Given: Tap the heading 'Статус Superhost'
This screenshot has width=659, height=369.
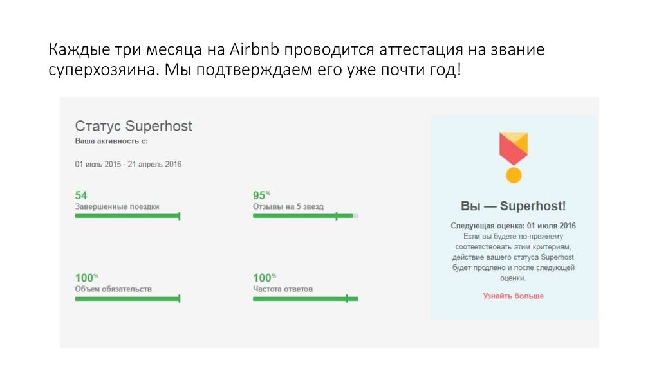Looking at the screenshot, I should point(133,126).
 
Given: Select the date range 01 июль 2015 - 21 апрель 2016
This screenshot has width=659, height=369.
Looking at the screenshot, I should point(128,164).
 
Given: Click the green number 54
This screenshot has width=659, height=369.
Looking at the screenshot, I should point(81,195).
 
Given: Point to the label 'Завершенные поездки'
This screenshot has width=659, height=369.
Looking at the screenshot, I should point(116,207).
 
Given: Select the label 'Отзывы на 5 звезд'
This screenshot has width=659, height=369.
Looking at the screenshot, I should point(288,207).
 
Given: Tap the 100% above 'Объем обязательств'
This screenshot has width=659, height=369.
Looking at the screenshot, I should point(86,278).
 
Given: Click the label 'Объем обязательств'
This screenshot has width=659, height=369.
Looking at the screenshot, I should point(113,289).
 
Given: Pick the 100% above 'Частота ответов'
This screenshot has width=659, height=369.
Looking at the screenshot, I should point(264,278).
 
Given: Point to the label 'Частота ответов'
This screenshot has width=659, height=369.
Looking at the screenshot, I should point(283,289).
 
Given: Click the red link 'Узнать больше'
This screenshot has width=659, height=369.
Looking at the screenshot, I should point(513,296).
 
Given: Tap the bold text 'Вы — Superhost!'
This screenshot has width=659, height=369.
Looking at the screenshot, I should point(513,206).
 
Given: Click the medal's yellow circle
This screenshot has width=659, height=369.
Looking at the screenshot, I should point(513,175).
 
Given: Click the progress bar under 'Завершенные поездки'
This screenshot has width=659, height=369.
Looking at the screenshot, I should point(127,216).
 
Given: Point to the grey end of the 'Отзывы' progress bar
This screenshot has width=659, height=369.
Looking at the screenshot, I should point(356,216).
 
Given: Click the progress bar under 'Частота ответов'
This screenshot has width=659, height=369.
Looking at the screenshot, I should point(305,298).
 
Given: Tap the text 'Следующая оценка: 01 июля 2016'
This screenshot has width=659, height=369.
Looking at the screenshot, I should point(513,226).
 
